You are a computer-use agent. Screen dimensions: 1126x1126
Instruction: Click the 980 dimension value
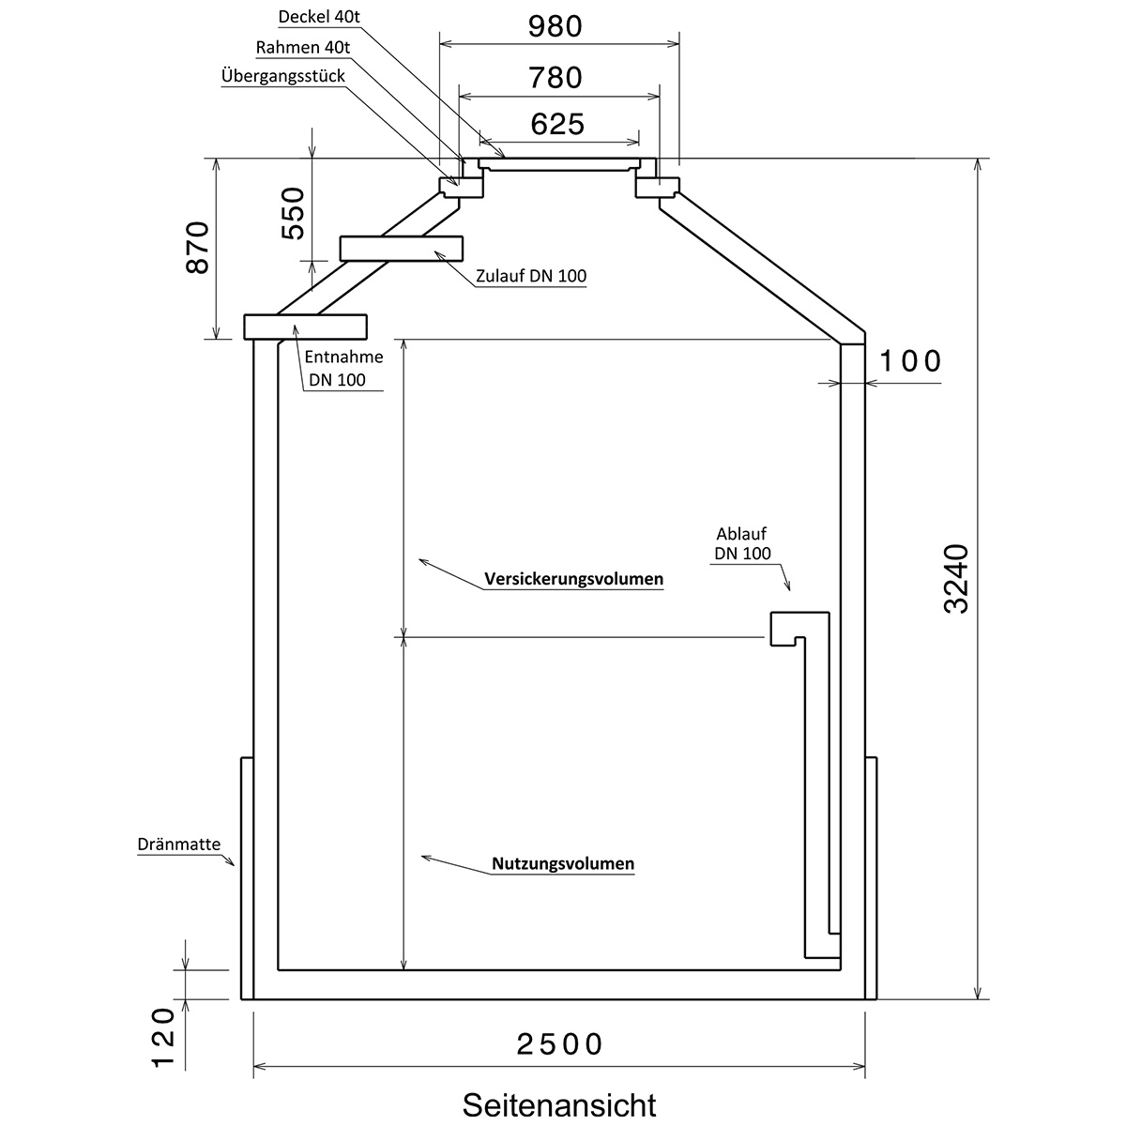[x=555, y=27]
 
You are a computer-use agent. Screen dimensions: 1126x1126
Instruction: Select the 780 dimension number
[x=555, y=78]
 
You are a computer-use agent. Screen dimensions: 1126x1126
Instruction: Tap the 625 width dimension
[x=557, y=125]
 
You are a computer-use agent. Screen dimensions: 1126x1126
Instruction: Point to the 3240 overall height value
[x=956, y=579]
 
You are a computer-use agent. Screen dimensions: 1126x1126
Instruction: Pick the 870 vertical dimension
[x=197, y=247]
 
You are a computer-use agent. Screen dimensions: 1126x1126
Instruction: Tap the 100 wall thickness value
[x=910, y=361]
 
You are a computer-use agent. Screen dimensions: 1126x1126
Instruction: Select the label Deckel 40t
[x=319, y=17]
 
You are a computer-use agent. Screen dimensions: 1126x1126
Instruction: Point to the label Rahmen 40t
[x=303, y=47]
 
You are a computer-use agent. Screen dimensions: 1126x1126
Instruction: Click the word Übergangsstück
[x=283, y=76]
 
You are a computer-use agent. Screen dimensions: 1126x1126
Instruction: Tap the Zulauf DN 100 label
[x=531, y=276]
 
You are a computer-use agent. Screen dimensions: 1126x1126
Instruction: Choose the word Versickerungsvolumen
[x=574, y=579]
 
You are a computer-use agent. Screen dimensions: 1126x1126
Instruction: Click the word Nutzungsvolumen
[x=563, y=863]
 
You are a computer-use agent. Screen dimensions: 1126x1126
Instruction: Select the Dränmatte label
[x=179, y=844]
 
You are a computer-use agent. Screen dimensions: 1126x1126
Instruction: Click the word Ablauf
[x=741, y=534]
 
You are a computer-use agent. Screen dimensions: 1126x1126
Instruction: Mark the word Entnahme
[x=343, y=357]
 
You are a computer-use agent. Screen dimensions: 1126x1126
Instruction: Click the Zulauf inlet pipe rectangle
[x=402, y=249]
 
